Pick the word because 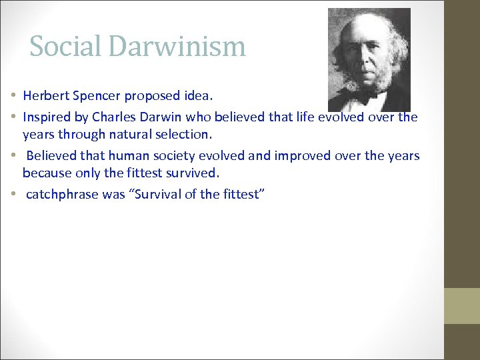(45, 173)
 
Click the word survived (191, 173)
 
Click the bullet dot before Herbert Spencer (14, 95)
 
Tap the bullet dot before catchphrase (14, 195)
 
